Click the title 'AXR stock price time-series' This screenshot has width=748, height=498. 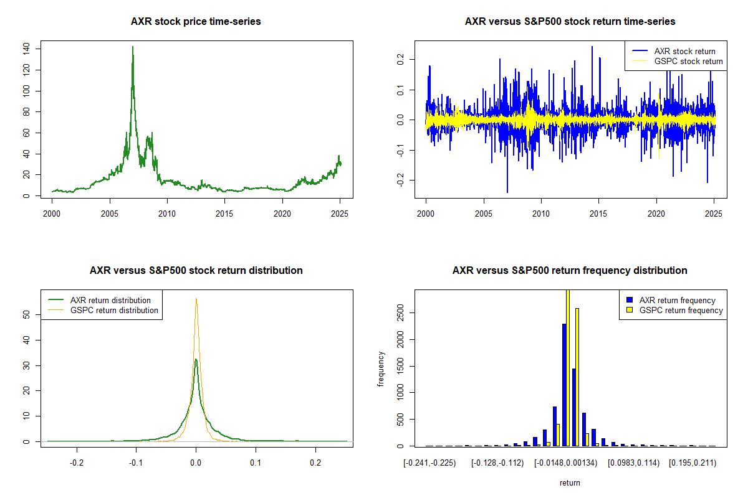(196, 22)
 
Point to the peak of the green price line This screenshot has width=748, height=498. (133, 47)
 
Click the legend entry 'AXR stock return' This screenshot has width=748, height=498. (684, 51)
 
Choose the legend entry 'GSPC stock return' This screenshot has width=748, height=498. (688, 62)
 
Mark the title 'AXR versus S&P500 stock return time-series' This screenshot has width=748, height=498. (570, 22)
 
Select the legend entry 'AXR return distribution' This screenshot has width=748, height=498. (110, 300)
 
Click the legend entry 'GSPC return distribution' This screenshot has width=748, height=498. (114, 310)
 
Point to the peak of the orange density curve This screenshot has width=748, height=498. (196, 299)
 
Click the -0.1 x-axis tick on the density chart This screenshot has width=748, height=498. (137, 464)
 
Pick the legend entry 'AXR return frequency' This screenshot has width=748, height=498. (678, 300)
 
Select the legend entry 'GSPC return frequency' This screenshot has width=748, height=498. (681, 310)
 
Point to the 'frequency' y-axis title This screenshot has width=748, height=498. (381, 369)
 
